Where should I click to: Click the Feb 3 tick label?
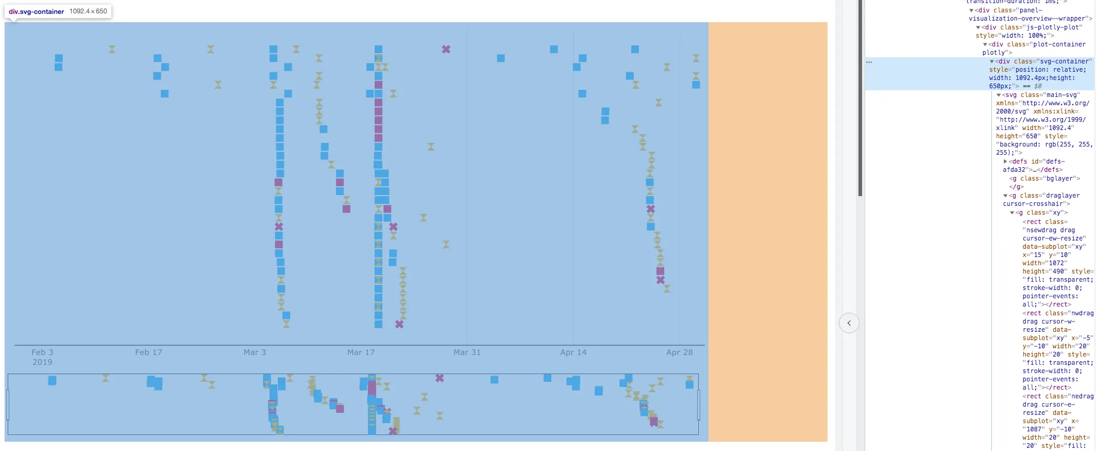pos(42,352)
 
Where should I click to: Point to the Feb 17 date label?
pos(148,352)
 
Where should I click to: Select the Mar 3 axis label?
pos(255,352)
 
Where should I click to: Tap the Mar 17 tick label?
pos(361,352)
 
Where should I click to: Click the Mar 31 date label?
pos(467,352)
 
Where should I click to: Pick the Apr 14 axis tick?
pos(573,352)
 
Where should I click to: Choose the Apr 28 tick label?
pos(679,352)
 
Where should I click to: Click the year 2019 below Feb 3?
pos(42,362)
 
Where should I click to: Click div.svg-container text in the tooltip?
pos(37,11)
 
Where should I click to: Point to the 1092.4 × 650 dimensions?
pos(88,11)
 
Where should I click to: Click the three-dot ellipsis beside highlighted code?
pos(869,62)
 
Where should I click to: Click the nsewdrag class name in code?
pos(1041,230)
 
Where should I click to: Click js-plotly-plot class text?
pos(1051,27)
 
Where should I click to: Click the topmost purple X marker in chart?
pos(446,50)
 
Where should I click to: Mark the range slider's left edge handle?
pos(8,405)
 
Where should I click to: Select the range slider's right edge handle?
pos(699,405)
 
